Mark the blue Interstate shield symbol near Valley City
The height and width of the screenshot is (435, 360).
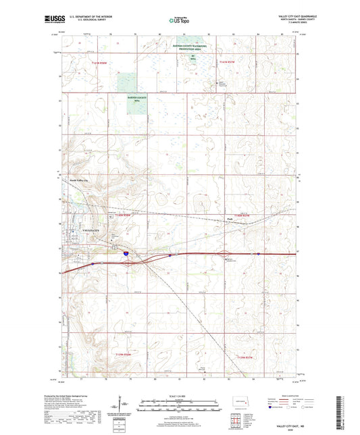[126, 253]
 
